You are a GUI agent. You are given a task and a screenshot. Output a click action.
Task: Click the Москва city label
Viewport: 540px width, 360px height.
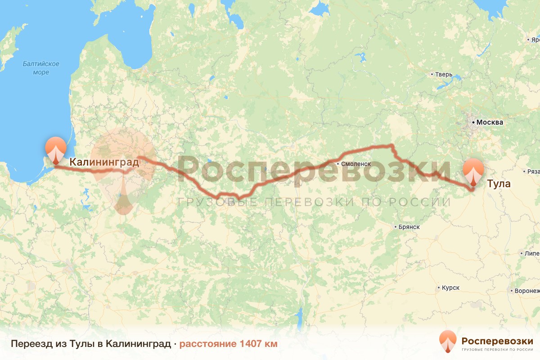tap(490, 122)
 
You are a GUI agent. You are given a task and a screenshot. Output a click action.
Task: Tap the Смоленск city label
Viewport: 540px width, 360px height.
tap(356, 164)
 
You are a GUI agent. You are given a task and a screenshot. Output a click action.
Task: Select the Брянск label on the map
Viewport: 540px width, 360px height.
tap(409, 227)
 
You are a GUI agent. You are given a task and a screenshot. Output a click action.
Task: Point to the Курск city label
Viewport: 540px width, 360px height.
tap(450, 288)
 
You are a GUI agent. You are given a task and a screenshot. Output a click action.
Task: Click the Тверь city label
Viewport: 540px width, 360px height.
tap(444, 74)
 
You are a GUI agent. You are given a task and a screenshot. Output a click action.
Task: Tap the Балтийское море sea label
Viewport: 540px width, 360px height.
tap(41, 68)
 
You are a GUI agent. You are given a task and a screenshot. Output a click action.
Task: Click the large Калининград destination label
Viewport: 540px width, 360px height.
tap(104, 162)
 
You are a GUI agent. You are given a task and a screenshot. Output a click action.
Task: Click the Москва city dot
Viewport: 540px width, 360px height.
tap(473, 122)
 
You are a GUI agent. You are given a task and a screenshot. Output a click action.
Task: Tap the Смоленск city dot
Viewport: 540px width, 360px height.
tap(338, 164)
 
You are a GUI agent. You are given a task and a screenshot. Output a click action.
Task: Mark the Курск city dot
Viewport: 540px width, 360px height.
tap(439, 288)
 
